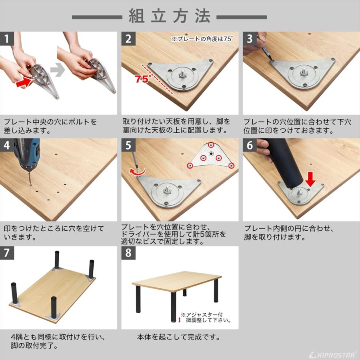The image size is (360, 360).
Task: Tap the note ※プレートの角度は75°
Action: tap(202, 39)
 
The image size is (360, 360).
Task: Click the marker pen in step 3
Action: tap(264, 48)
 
